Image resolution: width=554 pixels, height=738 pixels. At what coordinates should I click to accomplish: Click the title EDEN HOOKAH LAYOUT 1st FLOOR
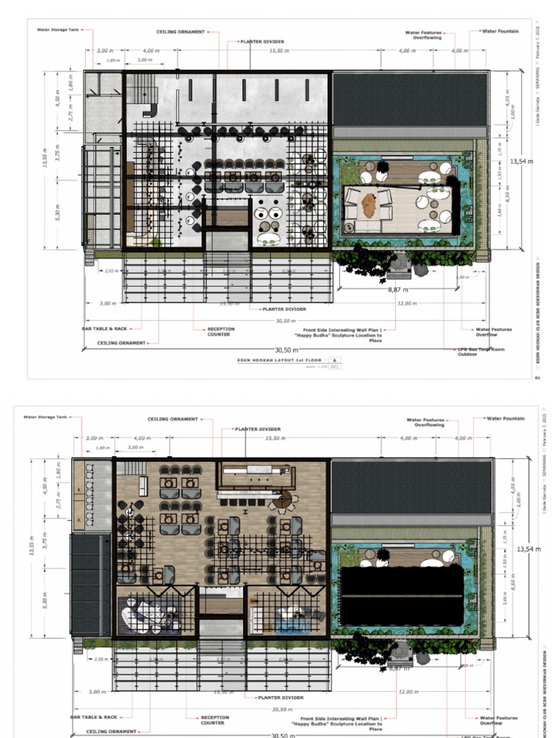pos(280,358)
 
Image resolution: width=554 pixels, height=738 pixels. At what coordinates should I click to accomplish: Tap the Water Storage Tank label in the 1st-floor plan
pos(58,30)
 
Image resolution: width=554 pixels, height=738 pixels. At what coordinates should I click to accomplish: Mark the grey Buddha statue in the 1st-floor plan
pos(399,264)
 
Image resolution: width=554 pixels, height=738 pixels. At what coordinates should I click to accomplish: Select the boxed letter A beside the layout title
pos(335,358)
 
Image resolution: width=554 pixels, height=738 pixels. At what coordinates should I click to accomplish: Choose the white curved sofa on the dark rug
pos(138,616)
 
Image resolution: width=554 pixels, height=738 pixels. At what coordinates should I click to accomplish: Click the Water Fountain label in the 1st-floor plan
pos(500,32)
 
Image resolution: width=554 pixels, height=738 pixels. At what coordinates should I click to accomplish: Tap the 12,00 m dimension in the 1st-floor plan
pos(407,303)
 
